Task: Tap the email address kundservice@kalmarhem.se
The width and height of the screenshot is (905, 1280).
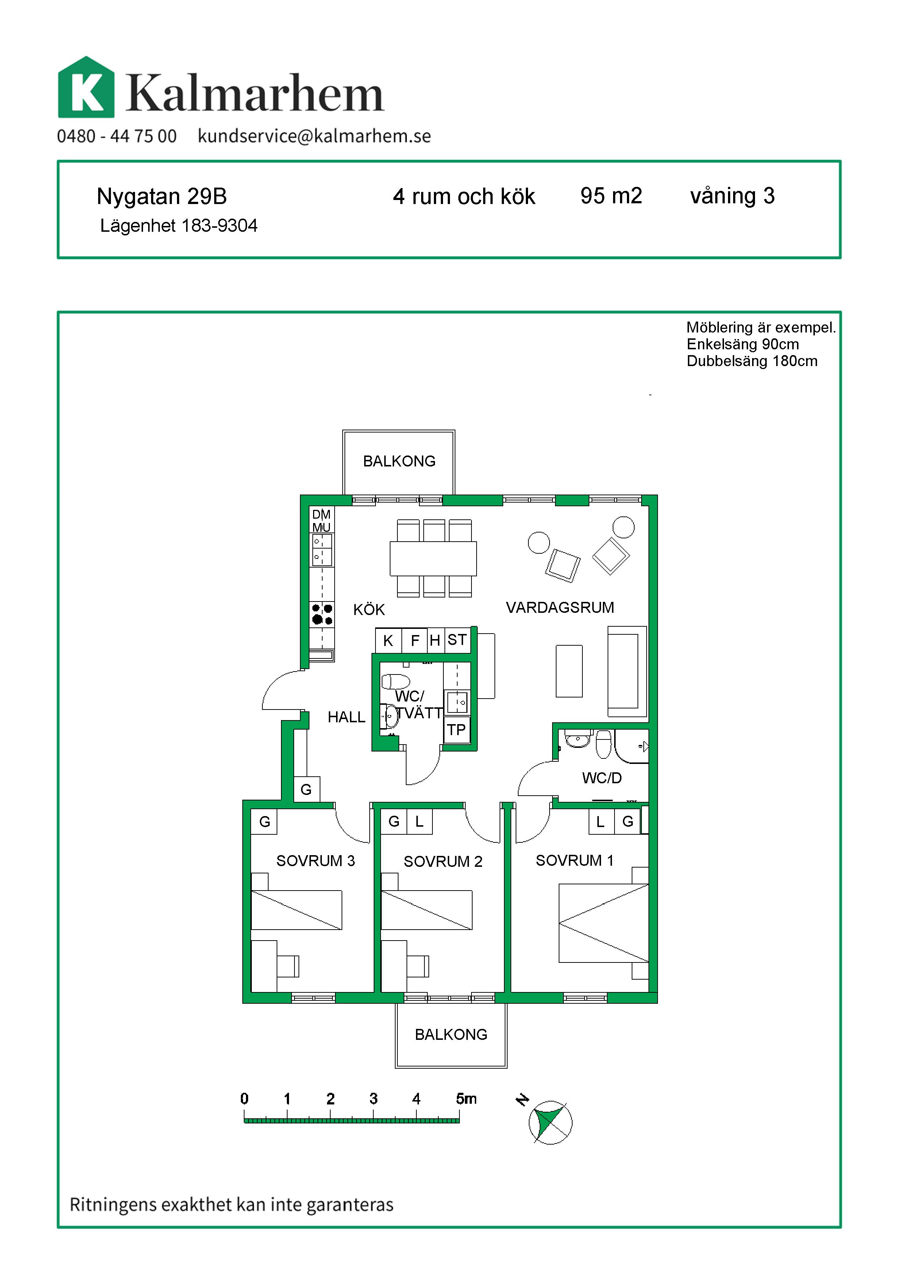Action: point(314,136)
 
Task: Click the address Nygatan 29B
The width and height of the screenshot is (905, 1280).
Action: point(162,196)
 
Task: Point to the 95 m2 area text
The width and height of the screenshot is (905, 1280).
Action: point(611,196)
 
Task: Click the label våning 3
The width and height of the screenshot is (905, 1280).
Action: point(732,196)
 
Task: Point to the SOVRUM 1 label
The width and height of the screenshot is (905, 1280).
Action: point(574,860)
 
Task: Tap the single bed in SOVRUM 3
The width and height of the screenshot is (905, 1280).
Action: point(296,910)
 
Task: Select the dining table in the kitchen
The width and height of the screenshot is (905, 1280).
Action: point(433,558)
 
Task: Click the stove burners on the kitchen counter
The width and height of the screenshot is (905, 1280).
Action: point(322,614)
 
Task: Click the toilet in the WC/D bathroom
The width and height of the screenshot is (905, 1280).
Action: point(604,744)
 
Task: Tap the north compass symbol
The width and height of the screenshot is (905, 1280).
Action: point(550,1122)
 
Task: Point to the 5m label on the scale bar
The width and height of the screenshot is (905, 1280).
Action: point(466,1099)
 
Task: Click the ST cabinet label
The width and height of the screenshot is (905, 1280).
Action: point(457,640)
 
